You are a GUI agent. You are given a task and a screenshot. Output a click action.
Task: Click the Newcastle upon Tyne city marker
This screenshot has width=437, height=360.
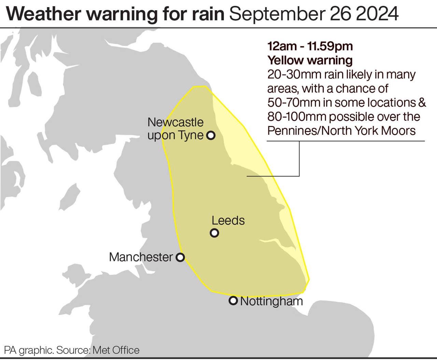click(211, 135)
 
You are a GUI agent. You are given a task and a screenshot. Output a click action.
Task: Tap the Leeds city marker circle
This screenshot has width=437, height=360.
click(214, 233)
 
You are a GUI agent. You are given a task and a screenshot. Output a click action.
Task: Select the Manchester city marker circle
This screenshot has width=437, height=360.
click(180, 257)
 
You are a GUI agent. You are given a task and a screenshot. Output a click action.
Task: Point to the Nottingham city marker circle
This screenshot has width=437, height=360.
click(233, 301)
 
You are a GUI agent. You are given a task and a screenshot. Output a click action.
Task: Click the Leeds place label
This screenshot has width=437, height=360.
click(228, 220)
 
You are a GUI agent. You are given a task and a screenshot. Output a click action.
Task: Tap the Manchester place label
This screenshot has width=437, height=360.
click(141, 257)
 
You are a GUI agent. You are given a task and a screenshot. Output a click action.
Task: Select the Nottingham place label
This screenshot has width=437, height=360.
click(271, 301)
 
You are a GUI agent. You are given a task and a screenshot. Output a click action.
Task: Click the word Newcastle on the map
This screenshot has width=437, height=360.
click(175, 122)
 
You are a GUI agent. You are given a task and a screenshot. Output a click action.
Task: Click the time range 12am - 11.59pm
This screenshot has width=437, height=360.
click(310, 46)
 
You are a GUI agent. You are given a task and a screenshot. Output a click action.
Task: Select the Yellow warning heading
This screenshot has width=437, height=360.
click(310, 60)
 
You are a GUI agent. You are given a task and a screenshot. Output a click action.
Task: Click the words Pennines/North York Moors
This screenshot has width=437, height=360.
click(341, 131)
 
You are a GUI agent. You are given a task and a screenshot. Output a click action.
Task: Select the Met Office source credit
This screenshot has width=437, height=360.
click(116, 350)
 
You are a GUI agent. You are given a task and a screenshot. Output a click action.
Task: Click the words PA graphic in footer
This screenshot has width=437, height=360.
click(29, 350)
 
